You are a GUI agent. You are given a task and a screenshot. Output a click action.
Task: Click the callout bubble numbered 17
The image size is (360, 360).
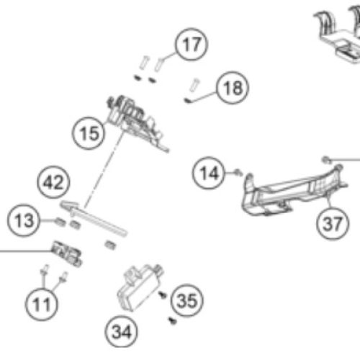point(192,45)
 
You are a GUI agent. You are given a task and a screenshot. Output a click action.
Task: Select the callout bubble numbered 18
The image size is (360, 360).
point(233,88)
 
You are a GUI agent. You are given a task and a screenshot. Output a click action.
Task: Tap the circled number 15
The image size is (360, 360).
point(89,133)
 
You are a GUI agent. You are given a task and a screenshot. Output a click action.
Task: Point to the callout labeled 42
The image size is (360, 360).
point(53,182)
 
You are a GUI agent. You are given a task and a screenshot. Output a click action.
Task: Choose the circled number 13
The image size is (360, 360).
point(24,220)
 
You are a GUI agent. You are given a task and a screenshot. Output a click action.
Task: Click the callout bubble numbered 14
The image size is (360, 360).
point(209,173)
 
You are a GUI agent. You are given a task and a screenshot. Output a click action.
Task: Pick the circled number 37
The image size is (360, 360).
point(333,223)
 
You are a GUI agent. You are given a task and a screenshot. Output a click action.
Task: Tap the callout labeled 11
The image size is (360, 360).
point(42,305)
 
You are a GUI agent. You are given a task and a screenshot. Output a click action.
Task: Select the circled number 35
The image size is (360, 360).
point(187,300)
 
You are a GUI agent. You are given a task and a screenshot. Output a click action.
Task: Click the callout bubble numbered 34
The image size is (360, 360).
point(122,332)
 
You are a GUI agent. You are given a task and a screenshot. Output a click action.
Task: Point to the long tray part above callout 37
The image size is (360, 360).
point(293,192)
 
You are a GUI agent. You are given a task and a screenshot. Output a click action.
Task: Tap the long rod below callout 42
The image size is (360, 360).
point(94,217)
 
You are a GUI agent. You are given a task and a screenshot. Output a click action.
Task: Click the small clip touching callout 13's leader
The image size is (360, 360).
point(60,222)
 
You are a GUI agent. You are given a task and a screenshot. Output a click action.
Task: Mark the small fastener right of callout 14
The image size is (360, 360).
point(238,172)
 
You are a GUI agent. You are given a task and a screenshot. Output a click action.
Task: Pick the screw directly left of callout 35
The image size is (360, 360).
point(162,294)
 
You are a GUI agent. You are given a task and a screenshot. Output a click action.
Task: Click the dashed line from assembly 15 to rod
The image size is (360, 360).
point(104,169)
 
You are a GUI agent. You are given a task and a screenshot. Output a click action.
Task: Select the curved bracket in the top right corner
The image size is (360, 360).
point(338,34)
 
